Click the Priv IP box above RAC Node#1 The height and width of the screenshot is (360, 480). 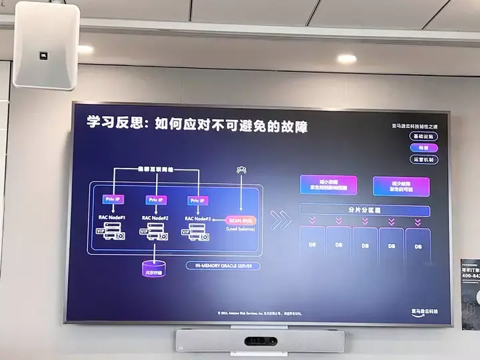111,199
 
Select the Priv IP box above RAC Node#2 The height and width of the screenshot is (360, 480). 155,199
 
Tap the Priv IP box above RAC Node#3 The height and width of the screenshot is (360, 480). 197,200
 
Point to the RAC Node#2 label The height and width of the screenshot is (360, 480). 155,218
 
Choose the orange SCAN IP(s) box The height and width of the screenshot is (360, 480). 241,220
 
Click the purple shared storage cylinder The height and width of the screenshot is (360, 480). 155,269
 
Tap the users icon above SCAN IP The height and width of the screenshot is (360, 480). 241,170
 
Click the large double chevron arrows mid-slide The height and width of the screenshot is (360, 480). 281,219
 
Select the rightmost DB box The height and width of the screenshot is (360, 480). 418,246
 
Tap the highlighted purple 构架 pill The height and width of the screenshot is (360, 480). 423,147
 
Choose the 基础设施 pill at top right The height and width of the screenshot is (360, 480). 423,136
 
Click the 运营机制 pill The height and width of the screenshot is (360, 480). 423,159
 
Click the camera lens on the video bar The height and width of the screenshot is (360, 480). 260,341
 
